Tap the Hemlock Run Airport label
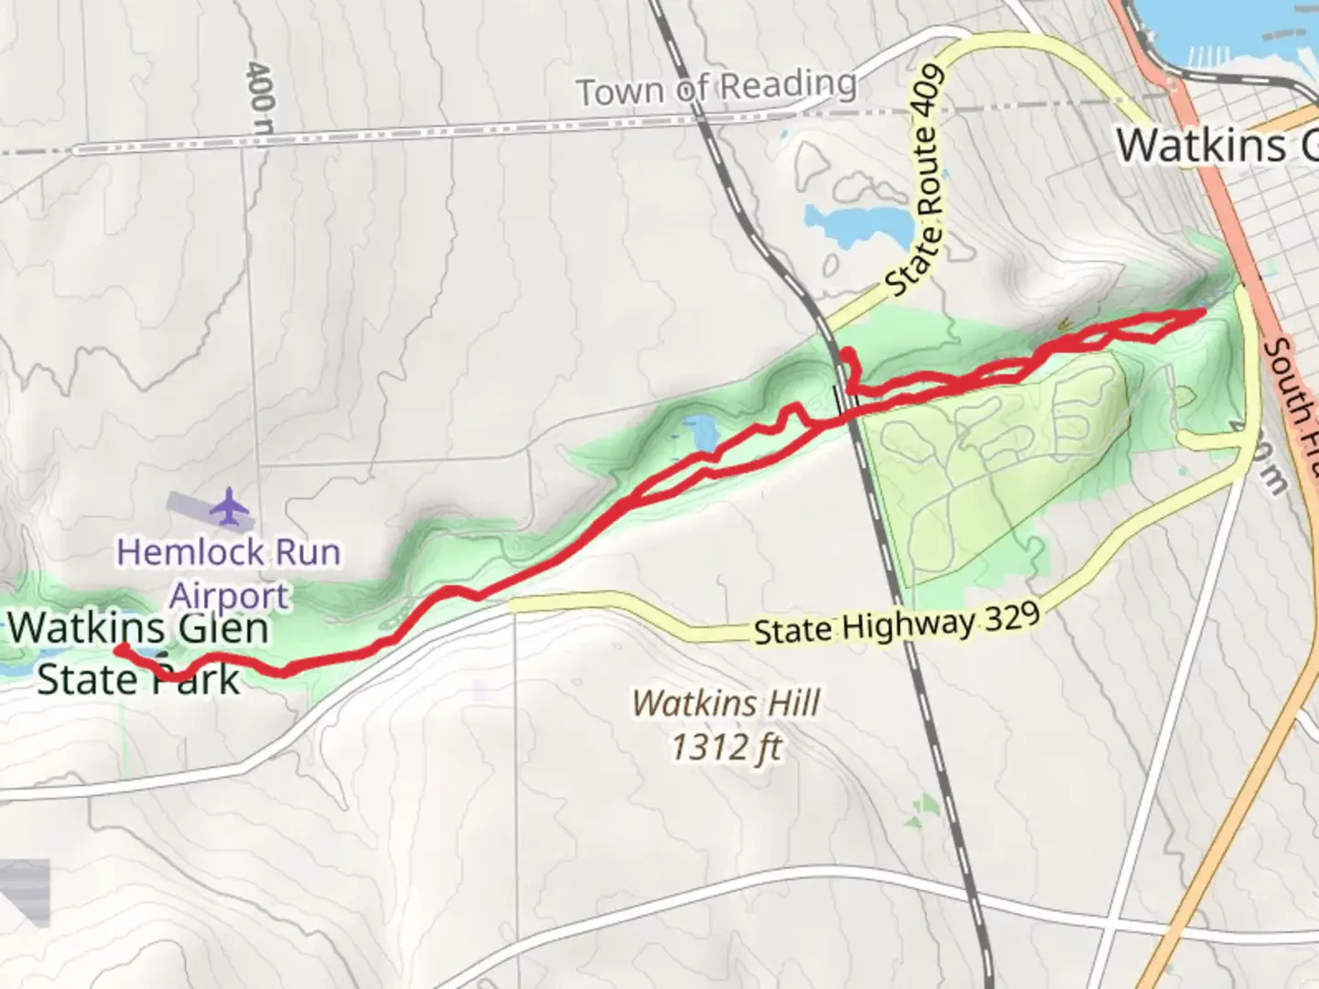point(229,573)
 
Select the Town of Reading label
point(716,89)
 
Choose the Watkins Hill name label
point(726,703)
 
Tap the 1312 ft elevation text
point(726,747)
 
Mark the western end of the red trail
point(120,649)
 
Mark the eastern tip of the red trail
point(1199,313)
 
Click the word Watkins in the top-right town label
point(1201,146)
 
